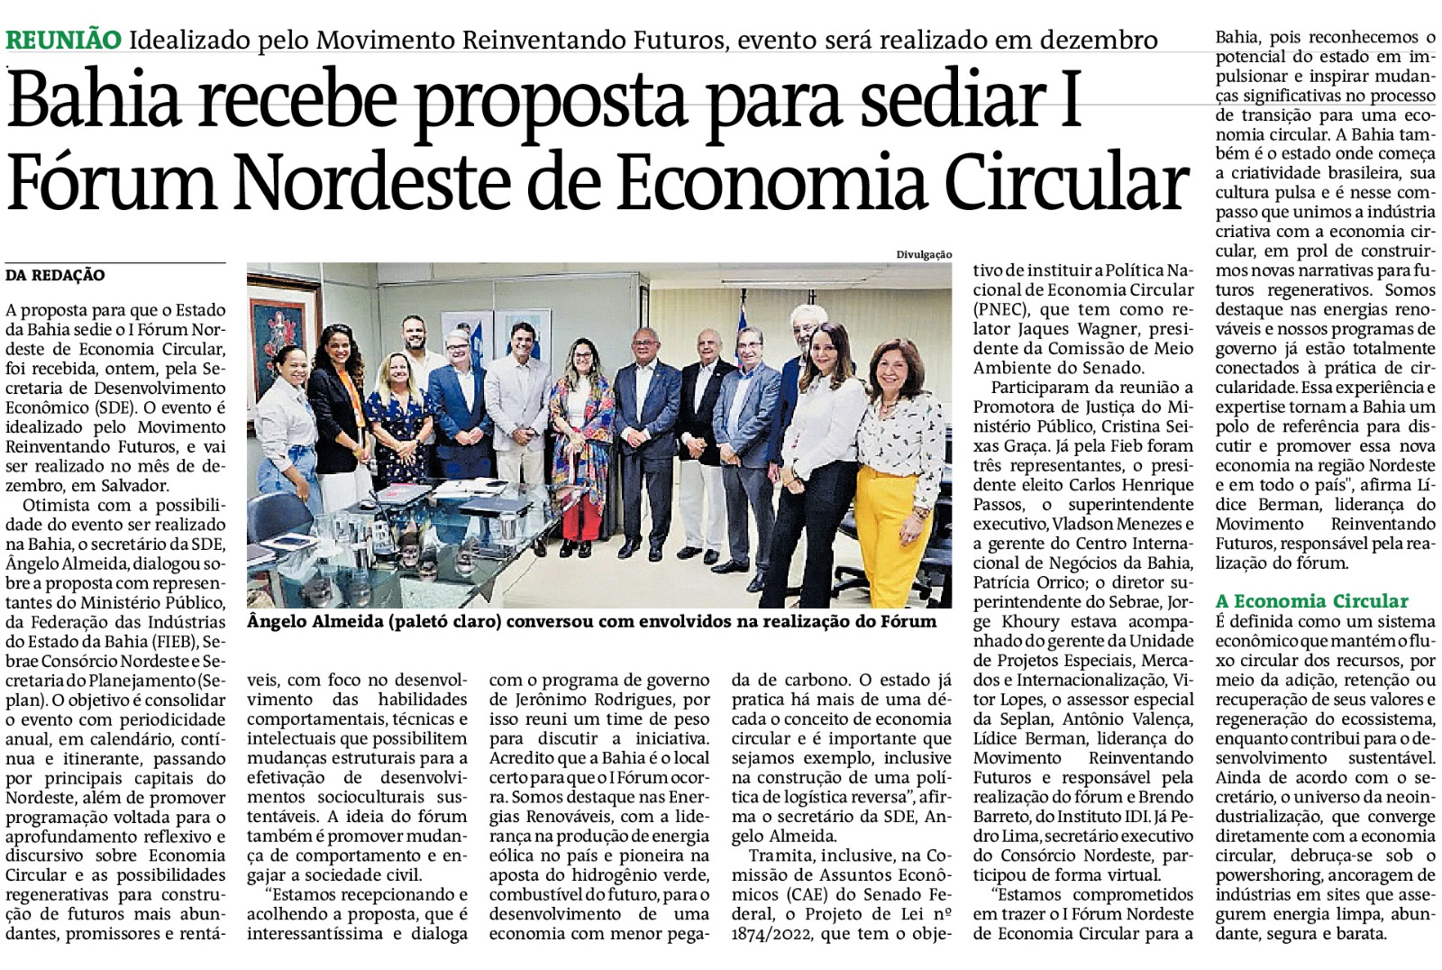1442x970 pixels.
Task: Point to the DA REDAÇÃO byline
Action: tap(55, 275)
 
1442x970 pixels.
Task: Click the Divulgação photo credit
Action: tap(924, 254)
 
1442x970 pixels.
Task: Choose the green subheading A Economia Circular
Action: tap(1311, 601)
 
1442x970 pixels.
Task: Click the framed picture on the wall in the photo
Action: tap(281, 323)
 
